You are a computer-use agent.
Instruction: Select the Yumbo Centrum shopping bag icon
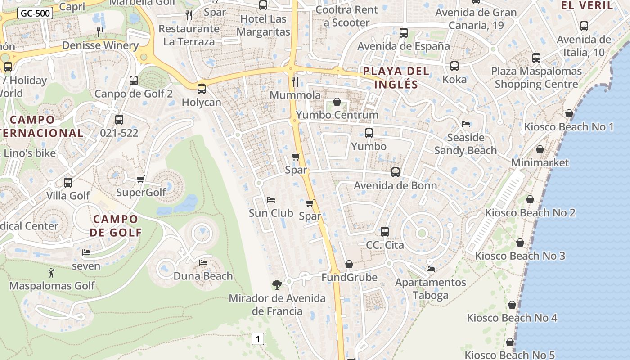click(x=337, y=102)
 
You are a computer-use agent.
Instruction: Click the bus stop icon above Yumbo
click(x=369, y=133)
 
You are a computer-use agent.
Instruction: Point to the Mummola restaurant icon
click(x=295, y=81)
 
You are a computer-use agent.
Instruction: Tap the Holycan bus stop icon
click(x=201, y=89)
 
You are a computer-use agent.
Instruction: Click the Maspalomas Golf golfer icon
click(x=51, y=272)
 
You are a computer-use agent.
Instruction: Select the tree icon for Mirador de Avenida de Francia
click(x=277, y=284)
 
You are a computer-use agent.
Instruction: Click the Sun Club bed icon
click(x=270, y=199)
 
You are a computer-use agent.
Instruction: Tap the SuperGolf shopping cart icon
click(x=141, y=179)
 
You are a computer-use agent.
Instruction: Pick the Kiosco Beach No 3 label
click(x=520, y=256)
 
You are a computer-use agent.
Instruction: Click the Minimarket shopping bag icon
click(x=540, y=149)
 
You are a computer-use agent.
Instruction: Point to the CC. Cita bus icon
click(x=384, y=232)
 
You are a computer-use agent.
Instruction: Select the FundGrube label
click(x=349, y=277)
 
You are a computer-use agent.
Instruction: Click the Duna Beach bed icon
click(x=203, y=262)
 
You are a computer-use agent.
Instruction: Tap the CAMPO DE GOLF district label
click(x=116, y=226)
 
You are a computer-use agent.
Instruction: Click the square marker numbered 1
click(x=257, y=338)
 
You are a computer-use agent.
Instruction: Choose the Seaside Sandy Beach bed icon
click(x=466, y=124)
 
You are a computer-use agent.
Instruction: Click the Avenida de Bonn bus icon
click(x=396, y=172)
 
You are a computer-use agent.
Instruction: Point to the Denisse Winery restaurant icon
click(x=100, y=32)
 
